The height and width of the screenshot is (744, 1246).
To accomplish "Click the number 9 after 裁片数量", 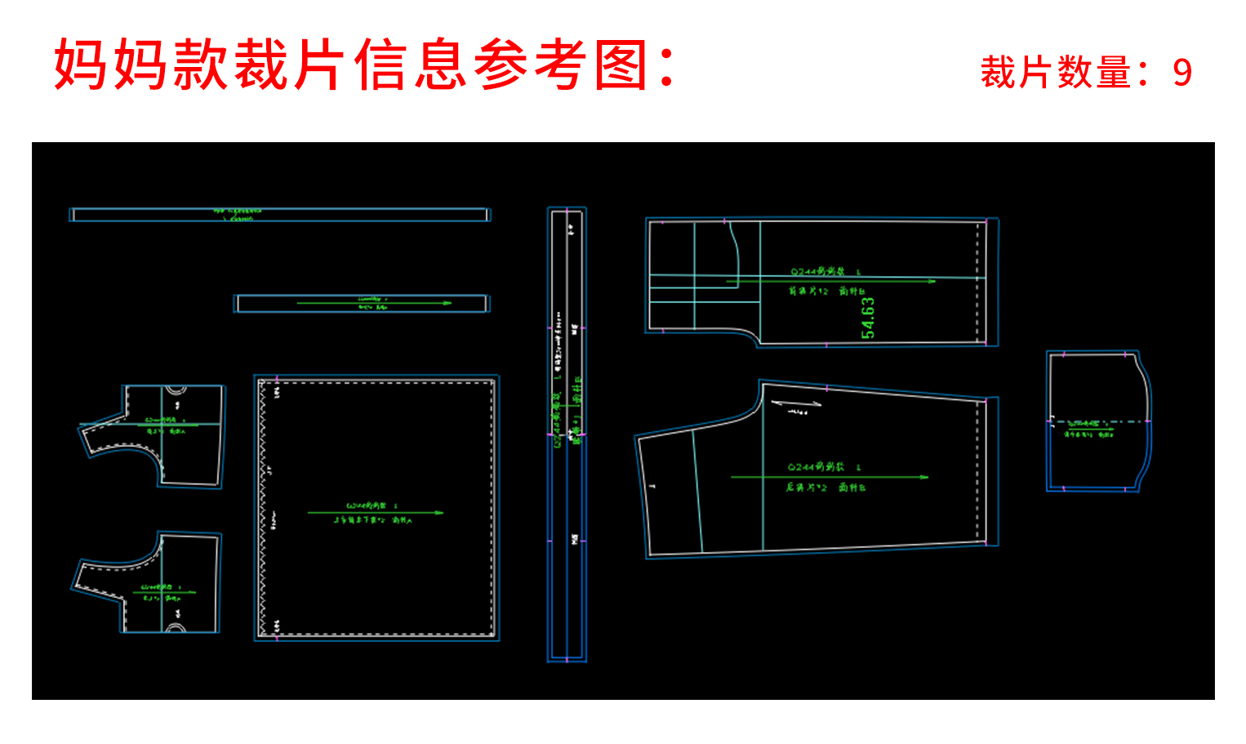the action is (x=1182, y=73).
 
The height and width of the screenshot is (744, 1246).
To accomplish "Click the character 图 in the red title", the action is (x=622, y=65).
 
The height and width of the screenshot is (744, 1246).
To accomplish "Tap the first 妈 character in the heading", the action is (x=82, y=65).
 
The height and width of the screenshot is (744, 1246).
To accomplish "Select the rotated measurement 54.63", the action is (x=867, y=318).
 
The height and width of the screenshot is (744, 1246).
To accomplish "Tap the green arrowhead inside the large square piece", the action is (x=439, y=513).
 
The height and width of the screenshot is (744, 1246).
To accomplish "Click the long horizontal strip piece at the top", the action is (x=279, y=215).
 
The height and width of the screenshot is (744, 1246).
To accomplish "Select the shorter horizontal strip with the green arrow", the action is (x=362, y=304).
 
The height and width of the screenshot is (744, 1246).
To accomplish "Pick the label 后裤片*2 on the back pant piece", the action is (x=806, y=488).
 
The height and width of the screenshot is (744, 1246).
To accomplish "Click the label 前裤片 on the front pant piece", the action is (x=808, y=292).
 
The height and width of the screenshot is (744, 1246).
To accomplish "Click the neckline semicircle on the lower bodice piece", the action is (x=176, y=628).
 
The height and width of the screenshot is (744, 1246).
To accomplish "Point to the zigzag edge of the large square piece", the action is (x=263, y=506).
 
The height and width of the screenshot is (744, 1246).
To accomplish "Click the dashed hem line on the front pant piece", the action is (x=977, y=282).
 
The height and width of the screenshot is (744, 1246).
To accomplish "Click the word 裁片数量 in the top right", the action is (x=1055, y=73).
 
